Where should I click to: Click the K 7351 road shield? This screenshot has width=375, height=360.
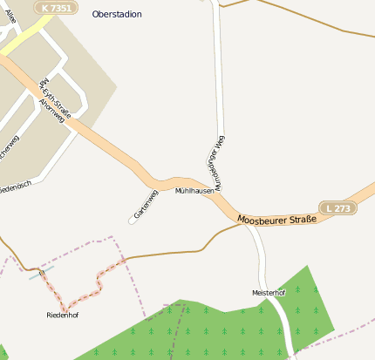tap(55, 7)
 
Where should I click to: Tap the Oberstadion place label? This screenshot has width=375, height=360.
tap(117, 15)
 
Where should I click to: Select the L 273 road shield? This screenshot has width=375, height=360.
tap(338, 208)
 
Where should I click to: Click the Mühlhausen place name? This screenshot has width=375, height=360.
tap(194, 190)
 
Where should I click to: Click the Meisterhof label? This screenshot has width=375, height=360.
tap(269, 293)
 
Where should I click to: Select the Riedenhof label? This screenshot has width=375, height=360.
tap(63, 314)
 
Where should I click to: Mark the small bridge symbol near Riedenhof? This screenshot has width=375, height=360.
tap(41, 274)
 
